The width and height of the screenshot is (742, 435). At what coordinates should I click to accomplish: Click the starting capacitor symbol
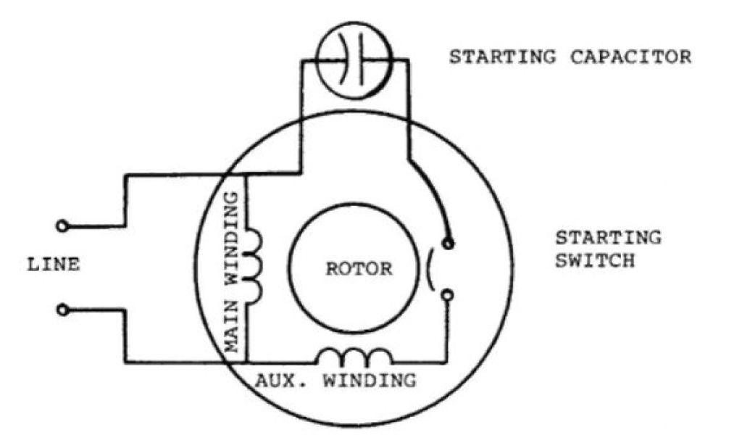[356, 51]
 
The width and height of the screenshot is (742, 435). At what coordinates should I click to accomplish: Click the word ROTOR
[359, 269]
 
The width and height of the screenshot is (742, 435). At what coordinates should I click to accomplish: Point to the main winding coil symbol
[254, 266]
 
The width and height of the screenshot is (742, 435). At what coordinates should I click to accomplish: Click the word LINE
[53, 265]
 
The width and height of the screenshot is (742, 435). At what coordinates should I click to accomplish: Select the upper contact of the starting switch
[447, 243]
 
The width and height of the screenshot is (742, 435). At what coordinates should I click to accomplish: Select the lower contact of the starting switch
[447, 294]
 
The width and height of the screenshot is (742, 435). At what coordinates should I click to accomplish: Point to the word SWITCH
[595, 260]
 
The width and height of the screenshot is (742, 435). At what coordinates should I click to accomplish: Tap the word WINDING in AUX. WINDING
[370, 380]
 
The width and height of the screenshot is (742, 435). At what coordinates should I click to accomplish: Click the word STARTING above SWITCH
[608, 237]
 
